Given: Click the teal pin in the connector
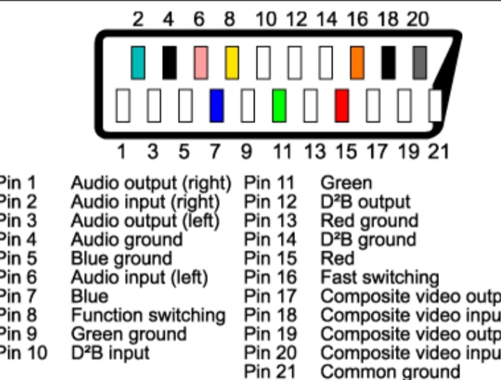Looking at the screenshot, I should (138, 63).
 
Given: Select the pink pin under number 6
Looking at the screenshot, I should (200, 63).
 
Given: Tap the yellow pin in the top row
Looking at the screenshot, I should (231, 63).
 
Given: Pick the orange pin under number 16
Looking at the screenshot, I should (357, 63).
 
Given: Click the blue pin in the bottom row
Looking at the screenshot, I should (216, 106).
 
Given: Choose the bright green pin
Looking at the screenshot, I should (279, 106).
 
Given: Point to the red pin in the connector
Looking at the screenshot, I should (342, 106).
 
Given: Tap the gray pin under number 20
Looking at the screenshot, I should (420, 63).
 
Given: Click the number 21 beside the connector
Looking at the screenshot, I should (438, 151).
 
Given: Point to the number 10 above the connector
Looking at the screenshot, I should (266, 20).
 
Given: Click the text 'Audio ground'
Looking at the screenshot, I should (127, 240).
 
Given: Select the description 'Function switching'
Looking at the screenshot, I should (148, 315).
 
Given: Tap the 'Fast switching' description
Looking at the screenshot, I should (379, 278).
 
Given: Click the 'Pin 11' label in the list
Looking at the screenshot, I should (270, 183).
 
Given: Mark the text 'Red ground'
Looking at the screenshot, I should (369, 221).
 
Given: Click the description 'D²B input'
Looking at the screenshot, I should (111, 353).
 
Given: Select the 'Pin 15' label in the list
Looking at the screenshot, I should (270, 259).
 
